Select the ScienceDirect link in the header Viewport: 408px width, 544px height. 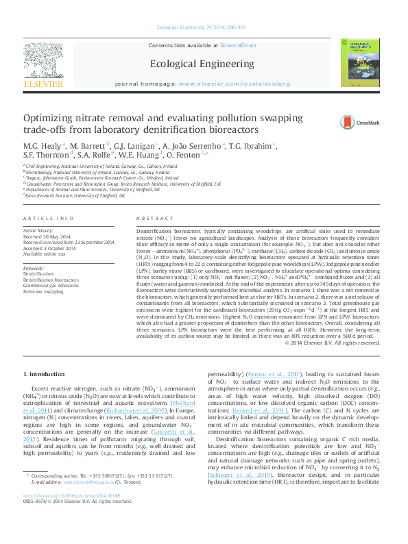(238, 45)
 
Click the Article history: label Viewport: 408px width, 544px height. (39, 231)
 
